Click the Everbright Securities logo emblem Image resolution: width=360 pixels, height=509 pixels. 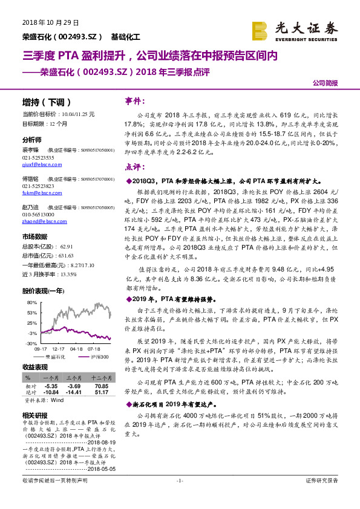click(260, 30)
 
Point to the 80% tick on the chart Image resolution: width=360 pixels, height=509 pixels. click(30, 302)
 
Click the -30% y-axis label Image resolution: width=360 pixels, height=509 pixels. click(30, 343)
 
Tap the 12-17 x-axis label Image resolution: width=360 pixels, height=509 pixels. click(59, 349)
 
